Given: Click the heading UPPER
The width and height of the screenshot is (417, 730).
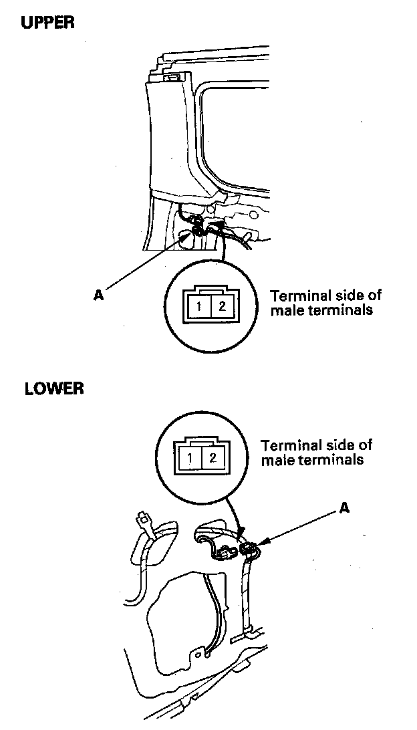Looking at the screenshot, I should pos(47,22).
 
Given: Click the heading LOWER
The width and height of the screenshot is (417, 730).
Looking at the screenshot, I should pos(54,388).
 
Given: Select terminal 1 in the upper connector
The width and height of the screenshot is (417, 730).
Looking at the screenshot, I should pos(200,308).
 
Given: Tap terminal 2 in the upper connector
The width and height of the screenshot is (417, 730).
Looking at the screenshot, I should pos(221,308).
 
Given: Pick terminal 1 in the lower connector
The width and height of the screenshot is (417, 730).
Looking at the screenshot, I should pos(190,458).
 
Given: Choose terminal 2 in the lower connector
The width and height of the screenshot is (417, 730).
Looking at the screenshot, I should pos(212,458).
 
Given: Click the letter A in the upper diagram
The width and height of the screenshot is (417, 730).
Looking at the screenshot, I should pos(98,295).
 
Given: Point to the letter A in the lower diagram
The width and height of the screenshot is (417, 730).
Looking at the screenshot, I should pos(344,509).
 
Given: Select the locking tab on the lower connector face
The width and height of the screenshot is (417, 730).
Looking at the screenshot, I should pos(201,442).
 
